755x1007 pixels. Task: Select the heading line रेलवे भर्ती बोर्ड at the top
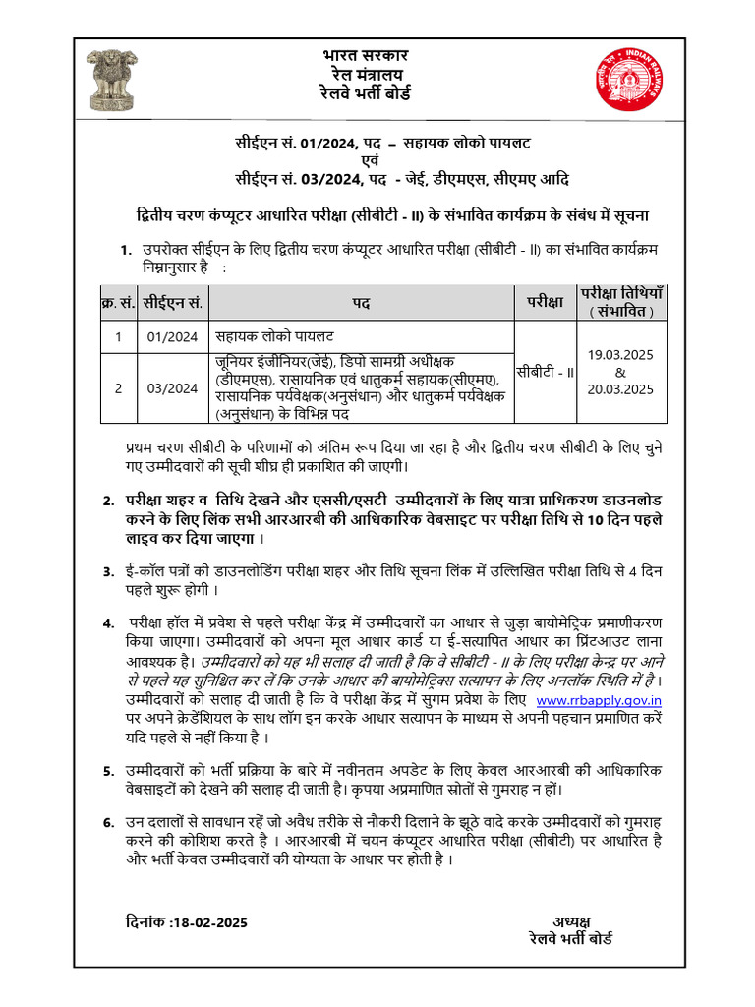[x=366, y=93]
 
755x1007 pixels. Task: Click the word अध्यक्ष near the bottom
[x=570, y=921]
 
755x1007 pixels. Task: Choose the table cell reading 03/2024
[x=172, y=388]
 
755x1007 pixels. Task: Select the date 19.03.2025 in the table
[x=620, y=354]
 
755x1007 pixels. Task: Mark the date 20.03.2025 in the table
[x=620, y=389]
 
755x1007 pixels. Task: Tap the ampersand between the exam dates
[x=620, y=372]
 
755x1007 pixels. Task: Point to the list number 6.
[x=108, y=822]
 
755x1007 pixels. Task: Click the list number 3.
[x=108, y=571]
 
